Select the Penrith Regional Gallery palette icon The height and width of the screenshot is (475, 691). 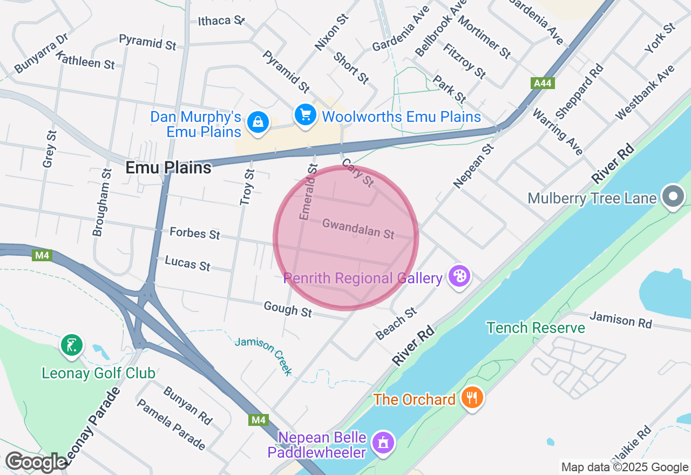(459, 276)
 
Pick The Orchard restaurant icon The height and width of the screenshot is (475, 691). (472, 398)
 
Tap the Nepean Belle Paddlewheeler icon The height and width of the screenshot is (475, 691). (383, 443)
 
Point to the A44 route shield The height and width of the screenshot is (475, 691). (542, 83)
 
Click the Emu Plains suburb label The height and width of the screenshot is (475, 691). (168, 168)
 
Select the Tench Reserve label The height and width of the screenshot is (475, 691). (536, 328)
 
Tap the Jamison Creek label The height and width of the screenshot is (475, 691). (265, 355)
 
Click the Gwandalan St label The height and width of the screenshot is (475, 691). (358, 228)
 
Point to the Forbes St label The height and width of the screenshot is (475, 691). (195, 233)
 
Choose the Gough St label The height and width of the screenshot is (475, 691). (288, 309)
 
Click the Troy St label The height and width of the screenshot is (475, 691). (247, 187)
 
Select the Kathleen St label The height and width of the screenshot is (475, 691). (85, 60)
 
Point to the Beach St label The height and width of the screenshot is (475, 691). (397, 324)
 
